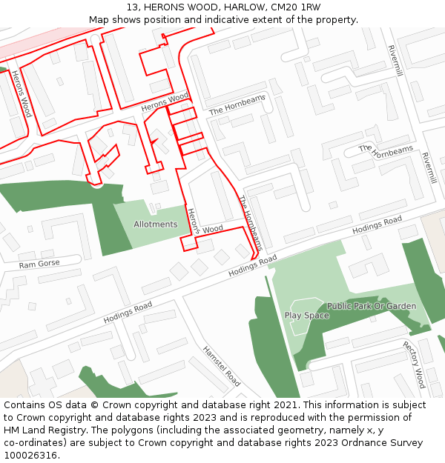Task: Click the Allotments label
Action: pyautogui.click(x=156, y=224)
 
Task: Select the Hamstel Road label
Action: pyautogui.click(x=222, y=367)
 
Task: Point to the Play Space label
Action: pyautogui.click(x=306, y=316)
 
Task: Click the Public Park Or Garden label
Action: pyautogui.click(x=372, y=306)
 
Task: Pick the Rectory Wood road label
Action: pyautogui.click(x=414, y=364)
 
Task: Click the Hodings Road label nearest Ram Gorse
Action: pyautogui.click(x=128, y=312)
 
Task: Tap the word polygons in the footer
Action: pyautogui.click(x=144, y=430)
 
